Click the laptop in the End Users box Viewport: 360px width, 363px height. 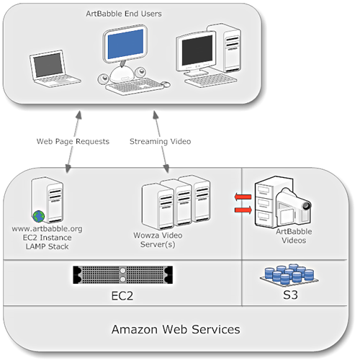tap(55, 68)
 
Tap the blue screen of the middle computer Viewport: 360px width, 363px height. tap(125, 44)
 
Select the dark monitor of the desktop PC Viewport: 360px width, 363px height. tap(197, 51)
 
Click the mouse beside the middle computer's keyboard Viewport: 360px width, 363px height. tap(166, 84)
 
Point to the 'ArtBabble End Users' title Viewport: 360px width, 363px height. tap(124, 14)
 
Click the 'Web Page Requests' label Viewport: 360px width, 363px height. tap(73, 141)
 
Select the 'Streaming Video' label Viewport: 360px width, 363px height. tap(160, 141)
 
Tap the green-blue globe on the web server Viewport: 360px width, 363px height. tap(39, 216)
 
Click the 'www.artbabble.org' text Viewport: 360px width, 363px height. tap(47, 228)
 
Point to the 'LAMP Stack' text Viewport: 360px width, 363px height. tap(47, 246)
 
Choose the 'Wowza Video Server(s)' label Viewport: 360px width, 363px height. tap(158, 240)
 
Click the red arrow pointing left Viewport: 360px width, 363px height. tap(243, 197)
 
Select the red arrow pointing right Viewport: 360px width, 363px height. tap(243, 210)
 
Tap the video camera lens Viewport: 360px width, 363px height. tap(306, 206)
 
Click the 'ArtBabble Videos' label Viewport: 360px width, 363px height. tap(294, 236)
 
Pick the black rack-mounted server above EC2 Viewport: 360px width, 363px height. tap(122, 274)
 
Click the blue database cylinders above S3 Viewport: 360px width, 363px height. tap(289, 274)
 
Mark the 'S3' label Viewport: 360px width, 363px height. tap(290, 295)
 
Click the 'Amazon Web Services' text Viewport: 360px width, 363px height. tap(176, 329)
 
